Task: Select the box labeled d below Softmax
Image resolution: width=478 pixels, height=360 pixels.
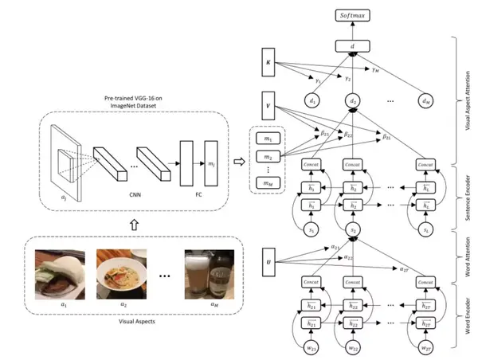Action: (x=353, y=46)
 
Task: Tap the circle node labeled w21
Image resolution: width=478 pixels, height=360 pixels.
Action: (x=311, y=347)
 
